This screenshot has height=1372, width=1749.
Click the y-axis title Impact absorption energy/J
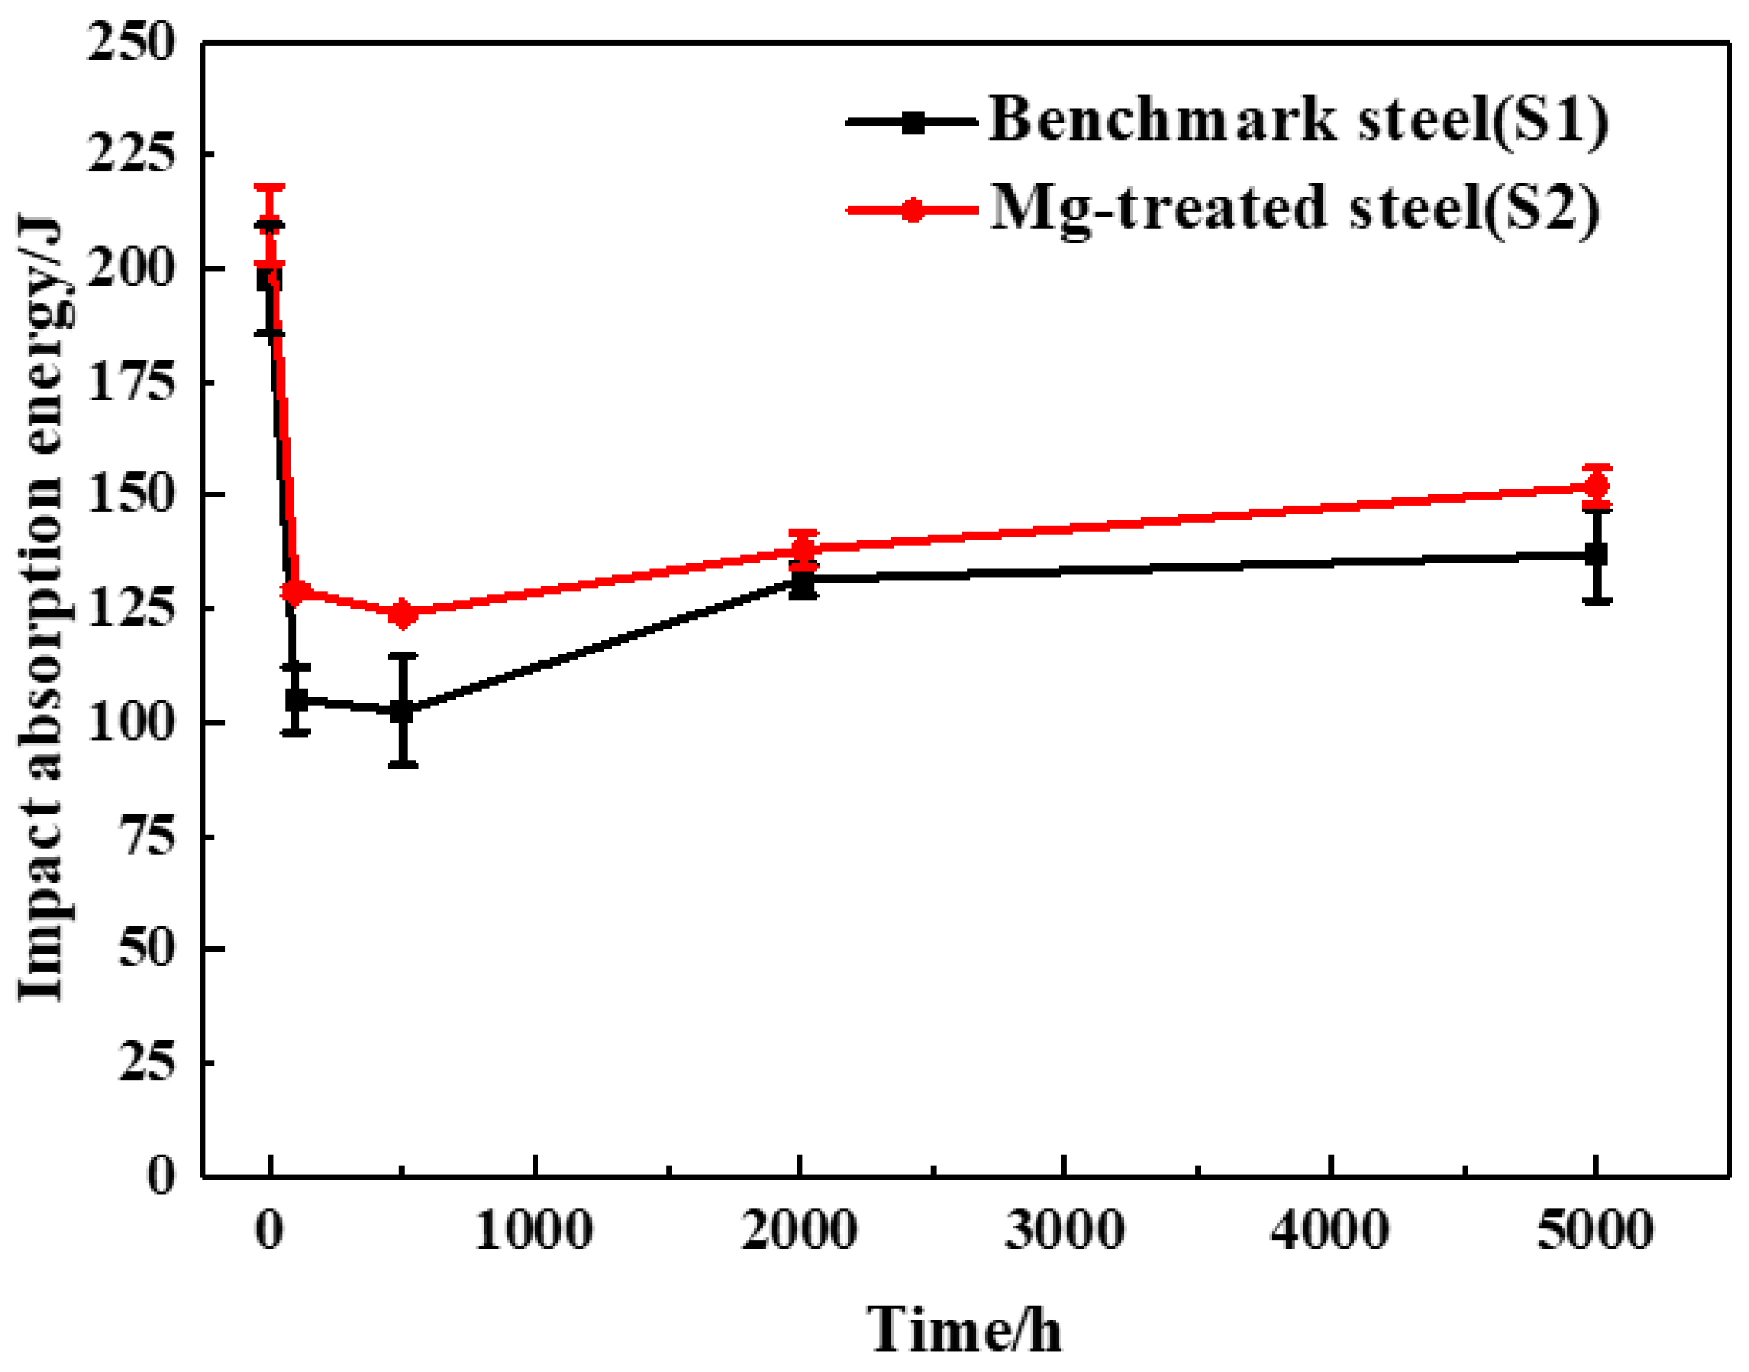(40, 611)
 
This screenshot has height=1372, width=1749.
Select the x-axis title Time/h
(964, 1330)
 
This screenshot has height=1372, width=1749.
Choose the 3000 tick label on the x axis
(1064, 1230)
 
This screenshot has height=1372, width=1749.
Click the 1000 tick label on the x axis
(534, 1230)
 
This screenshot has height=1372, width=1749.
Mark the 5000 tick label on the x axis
(1595, 1230)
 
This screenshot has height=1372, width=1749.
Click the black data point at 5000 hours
(1595, 554)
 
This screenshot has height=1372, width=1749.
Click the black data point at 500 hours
(403, 711)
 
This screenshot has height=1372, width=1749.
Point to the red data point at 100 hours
(296, 593)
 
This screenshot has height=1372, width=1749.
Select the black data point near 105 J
(296, 700)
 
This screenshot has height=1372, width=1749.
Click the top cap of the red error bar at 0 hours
(269, 187)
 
